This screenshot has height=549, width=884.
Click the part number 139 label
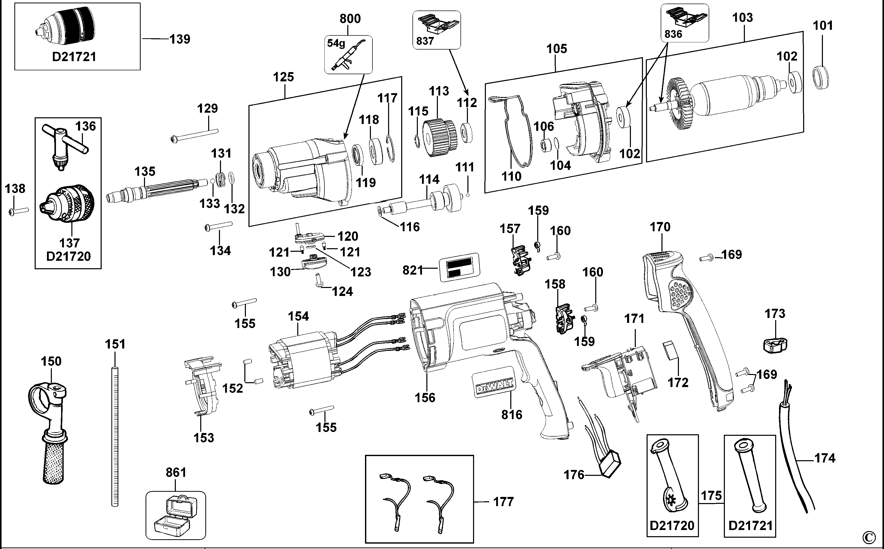(x=180, y=39)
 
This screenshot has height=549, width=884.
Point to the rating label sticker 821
(x=459, y=268)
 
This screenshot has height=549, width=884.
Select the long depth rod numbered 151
(x=115, y=436)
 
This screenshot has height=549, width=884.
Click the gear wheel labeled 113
(x=439, y=138)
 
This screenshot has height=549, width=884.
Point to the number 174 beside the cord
(x=825, y=458)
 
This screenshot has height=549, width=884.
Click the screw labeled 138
(x=18, y=211)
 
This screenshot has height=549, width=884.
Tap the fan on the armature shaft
(x=680, y=105)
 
